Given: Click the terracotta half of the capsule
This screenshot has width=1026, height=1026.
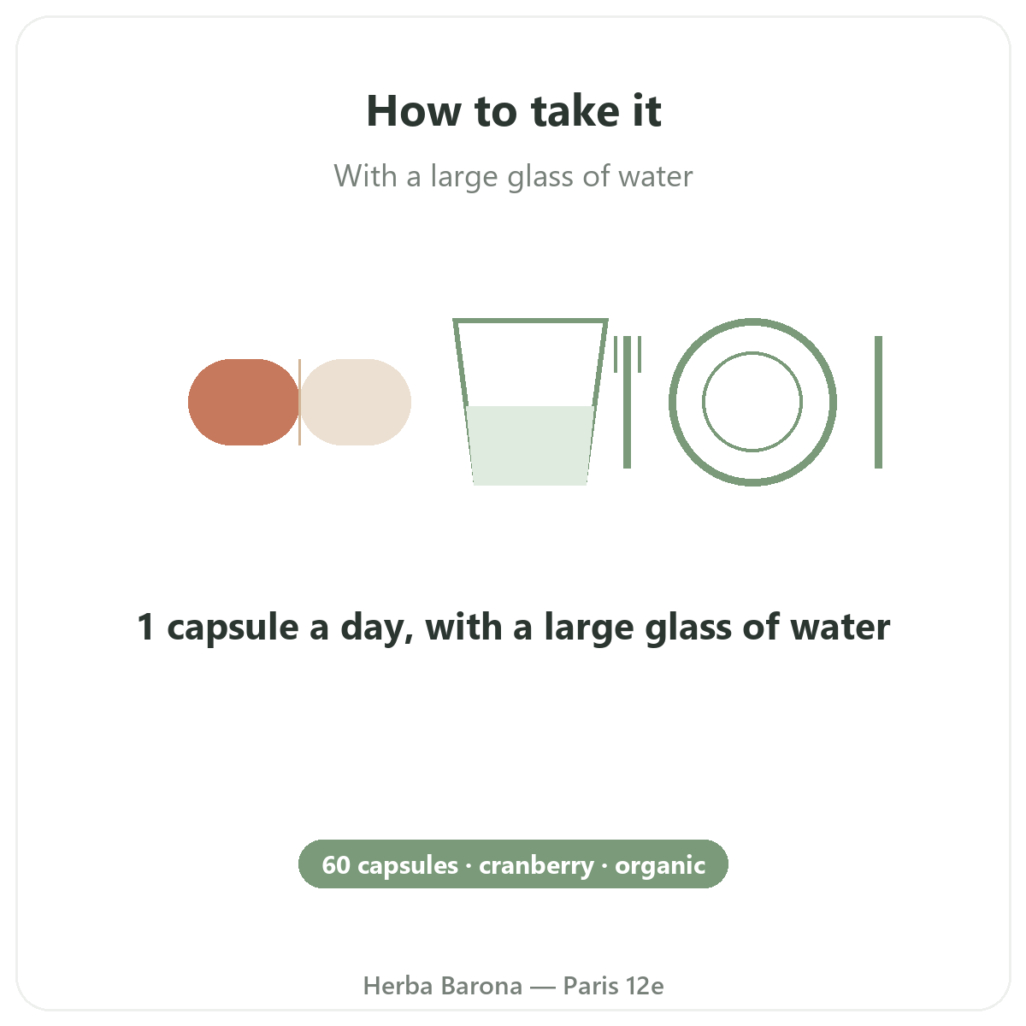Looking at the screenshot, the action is [244, 402].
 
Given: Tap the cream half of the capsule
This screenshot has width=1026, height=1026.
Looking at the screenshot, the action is [356, 402].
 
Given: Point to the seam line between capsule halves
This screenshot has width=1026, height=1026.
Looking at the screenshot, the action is [300, 402].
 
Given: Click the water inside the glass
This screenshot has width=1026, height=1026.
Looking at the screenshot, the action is [530, 445].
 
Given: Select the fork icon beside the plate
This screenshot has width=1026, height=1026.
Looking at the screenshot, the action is [628, 402].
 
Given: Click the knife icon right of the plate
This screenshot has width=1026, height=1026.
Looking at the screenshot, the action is [879, 402].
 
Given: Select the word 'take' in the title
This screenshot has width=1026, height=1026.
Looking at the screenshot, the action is [575, 111].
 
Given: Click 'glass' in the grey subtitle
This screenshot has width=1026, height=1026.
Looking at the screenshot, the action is [540, 177].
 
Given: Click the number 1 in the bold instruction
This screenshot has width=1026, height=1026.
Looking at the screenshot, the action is [146, 627].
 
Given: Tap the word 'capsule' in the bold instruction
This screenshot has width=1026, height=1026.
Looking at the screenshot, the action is [233, 628].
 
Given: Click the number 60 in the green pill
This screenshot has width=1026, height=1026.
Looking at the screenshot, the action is [336, 864].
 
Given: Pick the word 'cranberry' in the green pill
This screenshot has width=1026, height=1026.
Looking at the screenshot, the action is [536, 866].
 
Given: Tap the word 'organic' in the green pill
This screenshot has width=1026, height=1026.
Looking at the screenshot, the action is [660, 867].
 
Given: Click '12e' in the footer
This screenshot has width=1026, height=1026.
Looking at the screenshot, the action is [645, 986].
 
